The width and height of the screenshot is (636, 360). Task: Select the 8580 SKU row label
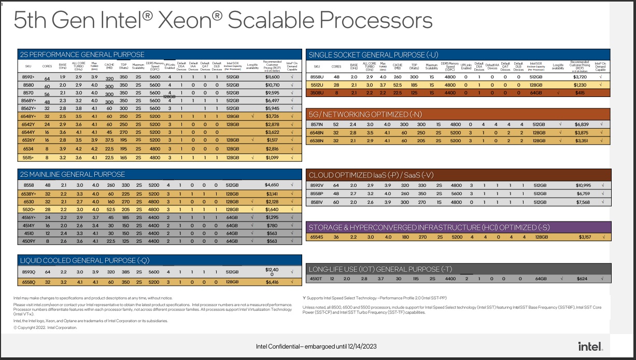click(29, 85)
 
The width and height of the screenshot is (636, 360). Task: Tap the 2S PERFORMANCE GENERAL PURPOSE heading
click(82, 54)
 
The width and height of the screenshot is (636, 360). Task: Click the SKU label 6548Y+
click(29, 117)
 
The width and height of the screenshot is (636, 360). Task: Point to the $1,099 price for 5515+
click(272, 157)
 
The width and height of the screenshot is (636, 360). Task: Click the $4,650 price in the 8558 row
click(272, 185)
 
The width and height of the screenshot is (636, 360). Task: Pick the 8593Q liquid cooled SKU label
click(29, 272)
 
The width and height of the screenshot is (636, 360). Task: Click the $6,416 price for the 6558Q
click(272, 282)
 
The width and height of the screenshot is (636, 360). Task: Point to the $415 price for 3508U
click(580, 93)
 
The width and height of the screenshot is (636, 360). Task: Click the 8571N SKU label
click(317, 124)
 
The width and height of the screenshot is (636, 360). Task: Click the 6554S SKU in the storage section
click(317, 238)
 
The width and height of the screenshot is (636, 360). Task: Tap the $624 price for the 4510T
click(582, 279)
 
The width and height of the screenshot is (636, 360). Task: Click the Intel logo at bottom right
click(590, 345)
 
